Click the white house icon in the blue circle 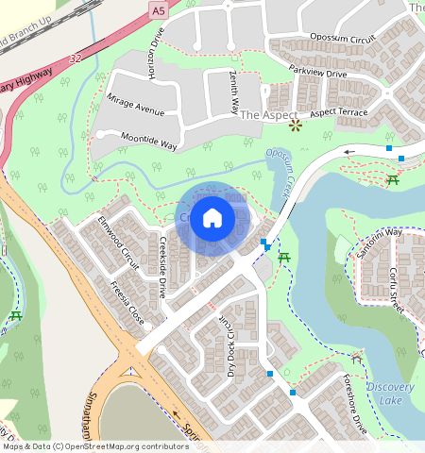tap(212, 218)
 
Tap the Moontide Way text tap(148, 141)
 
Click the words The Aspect tap(262, 114)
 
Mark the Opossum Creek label tap(281, 168)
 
